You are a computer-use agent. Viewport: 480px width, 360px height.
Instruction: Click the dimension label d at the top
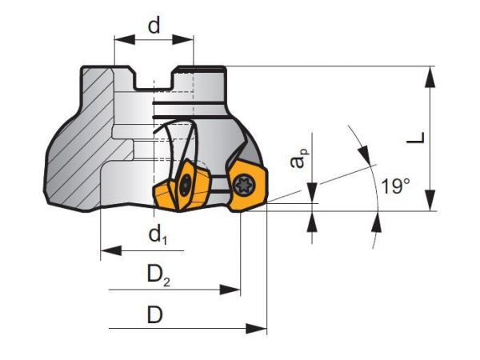tap(154, 25)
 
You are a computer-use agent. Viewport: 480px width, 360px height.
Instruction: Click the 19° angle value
tap(395, 187)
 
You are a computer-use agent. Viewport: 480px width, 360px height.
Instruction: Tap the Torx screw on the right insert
tap(244, 184)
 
